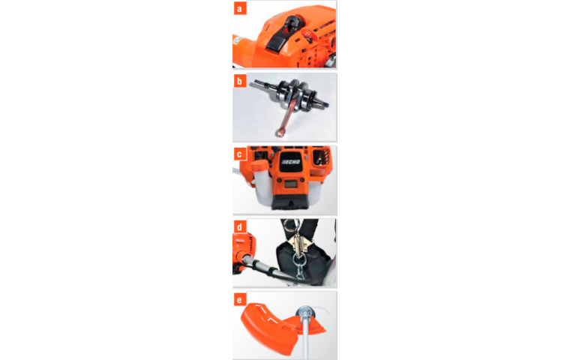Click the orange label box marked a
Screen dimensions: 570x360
click(239, 8)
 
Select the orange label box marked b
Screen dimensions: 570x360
click(239, 81)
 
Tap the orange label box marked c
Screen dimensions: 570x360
click(239, 154)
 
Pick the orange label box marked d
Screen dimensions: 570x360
click(239, 227)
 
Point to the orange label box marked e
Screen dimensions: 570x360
click(239, 300)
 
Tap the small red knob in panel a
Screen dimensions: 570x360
click(309, 34)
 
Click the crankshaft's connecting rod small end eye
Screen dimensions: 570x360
click(280, 132)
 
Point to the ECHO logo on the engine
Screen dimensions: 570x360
click(291, 162)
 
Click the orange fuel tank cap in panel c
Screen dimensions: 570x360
click(259, 168)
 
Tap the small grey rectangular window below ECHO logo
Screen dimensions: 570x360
click(289, 184)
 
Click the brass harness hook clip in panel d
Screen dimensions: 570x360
click(298, 243)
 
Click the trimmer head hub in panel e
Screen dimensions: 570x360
click(305, 313)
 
